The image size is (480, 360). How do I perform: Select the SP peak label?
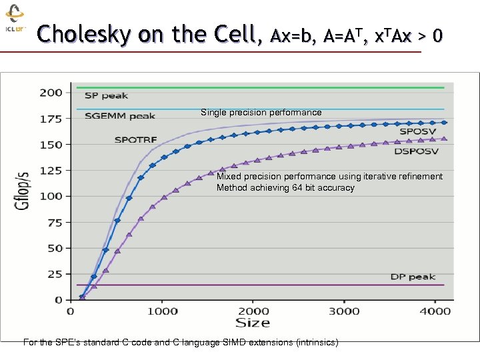click(x=106, y=96)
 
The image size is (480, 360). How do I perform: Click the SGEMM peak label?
click(x=120, y=116)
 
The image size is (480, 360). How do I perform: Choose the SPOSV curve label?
click(x=418, y=132)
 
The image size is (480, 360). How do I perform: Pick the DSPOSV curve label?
click(x=414, y=152)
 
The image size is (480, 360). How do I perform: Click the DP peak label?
click(x=413, y=277)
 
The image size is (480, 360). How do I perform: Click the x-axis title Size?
click(x=253, y=323)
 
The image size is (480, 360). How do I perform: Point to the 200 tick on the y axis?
click(x=51, y=92)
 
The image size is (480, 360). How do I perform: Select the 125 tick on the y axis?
click(x=51, y=170)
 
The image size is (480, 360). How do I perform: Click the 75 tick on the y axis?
click(x=54, y=222)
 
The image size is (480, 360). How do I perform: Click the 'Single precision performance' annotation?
click(x=261, y=113)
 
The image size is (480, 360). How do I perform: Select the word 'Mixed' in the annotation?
click(x=229, y=177)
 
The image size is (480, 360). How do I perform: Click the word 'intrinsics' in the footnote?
click(x=313, y=343)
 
